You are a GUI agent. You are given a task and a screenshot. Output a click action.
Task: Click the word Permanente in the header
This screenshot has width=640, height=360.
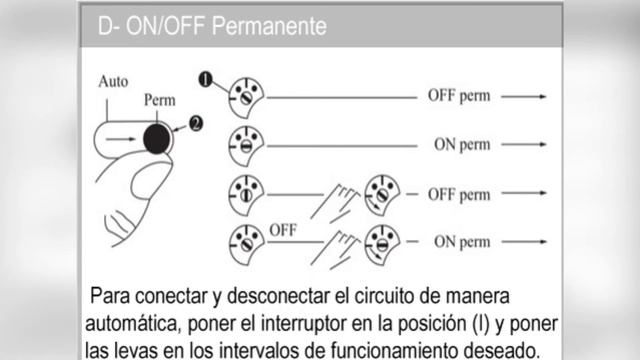(x=269, y=26)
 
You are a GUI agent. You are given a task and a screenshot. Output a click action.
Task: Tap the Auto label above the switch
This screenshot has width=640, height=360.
(x=113, y=82)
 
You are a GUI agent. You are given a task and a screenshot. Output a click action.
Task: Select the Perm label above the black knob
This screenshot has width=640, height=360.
(x=160, y=100)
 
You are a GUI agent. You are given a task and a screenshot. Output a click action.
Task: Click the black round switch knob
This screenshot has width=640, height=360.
(x=157, y=139)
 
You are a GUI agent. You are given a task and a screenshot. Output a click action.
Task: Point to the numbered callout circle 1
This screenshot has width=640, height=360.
(x=206, y=79)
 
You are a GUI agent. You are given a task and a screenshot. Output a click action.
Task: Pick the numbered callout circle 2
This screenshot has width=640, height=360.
(x=196, y=124)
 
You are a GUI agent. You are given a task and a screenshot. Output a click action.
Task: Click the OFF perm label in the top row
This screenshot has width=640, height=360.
(x=459, y=96)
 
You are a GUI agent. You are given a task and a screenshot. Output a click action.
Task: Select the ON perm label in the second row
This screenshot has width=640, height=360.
(x=462, y=144)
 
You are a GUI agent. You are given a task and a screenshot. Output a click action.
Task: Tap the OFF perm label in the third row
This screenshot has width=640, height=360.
(x=459, y=195)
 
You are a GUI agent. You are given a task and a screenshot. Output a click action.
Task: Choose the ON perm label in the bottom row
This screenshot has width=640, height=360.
(x=462, y=242)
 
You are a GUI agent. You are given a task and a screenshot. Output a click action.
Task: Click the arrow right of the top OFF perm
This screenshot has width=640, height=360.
(x=524, y=97)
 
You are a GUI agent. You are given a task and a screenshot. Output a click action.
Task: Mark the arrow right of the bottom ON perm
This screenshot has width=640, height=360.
(x=524, y=242)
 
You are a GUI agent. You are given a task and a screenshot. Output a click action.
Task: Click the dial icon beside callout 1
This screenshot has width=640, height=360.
(x=246, y=98)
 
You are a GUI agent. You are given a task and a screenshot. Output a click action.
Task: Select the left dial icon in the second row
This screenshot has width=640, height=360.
(x=246, y=146)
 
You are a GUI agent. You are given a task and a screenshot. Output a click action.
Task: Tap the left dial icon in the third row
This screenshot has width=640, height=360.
(x=246, y=195)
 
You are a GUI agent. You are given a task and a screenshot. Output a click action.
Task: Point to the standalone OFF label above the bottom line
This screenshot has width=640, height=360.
(x=283, y=231)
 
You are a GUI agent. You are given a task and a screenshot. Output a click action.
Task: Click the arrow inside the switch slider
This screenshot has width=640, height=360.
(x=120, y=139)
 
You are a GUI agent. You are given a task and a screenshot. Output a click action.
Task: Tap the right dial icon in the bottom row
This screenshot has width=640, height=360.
(x=382, y=244)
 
